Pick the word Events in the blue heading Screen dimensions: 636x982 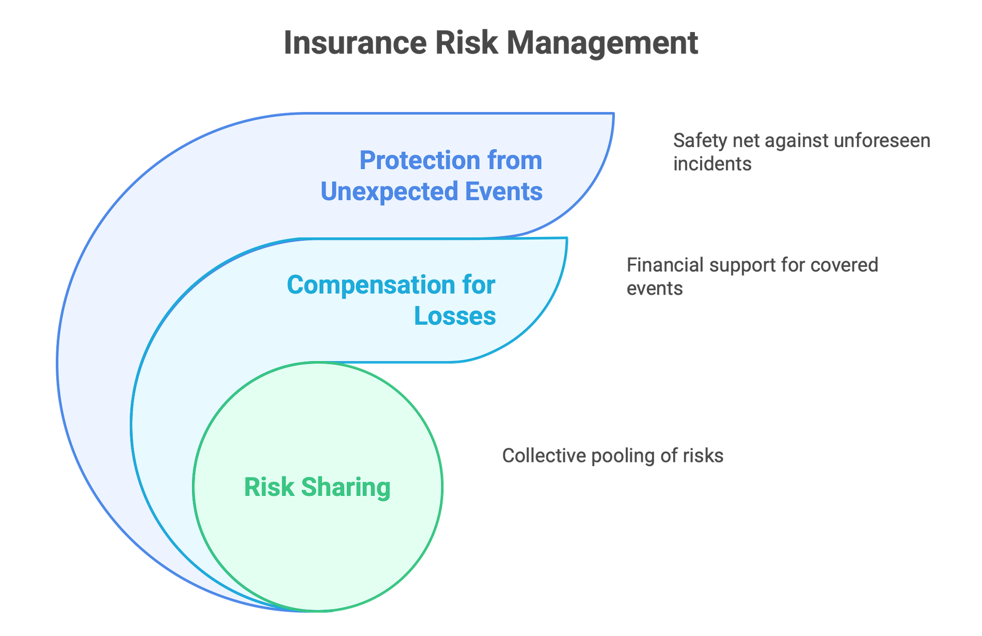pyautogui.click(x=504, y=191)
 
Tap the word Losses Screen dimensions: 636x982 pyautogui.click(x=455, y=315)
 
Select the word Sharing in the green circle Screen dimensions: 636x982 pyautogui.click(x=346, y=487)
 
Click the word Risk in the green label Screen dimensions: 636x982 pyautogui.click(x=268, y=487)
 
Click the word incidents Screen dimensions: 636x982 pyautogui.click(x=712, y=164)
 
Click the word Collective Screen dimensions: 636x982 pyautogui.click(x=544, y=456)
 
